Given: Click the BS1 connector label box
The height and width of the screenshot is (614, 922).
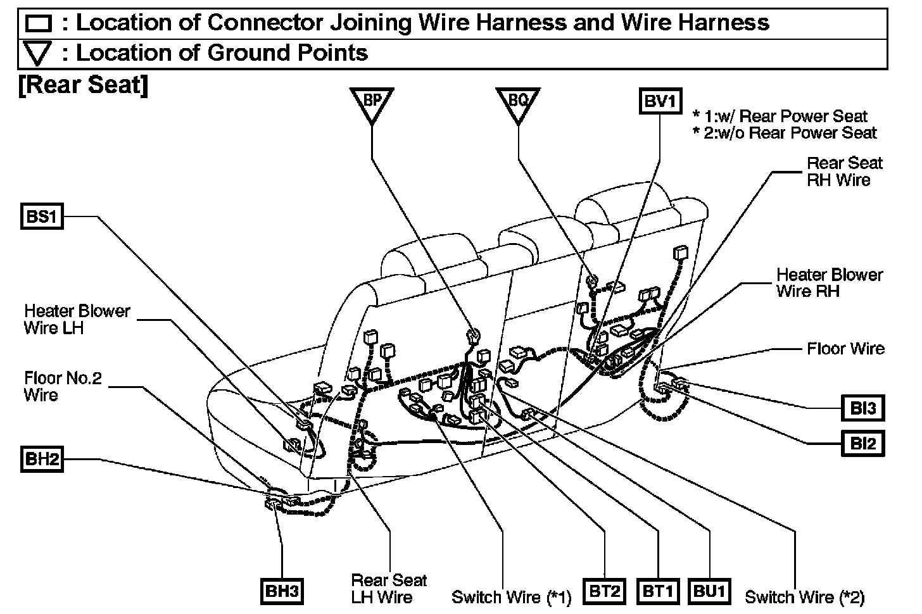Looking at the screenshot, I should (x=42, y=217).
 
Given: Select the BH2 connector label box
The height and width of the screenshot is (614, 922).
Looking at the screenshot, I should (x=42, y=458).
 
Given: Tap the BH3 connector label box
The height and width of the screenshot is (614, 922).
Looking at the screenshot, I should (x=282, y=591).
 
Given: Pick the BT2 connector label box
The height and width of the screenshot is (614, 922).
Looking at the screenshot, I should (x=604, y=591).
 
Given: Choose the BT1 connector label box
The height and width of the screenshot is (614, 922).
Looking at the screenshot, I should (x=658, y=591).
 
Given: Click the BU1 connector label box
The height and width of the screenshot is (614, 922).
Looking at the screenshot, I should (x=710, y=591).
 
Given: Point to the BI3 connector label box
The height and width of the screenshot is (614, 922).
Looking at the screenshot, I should (x=862, y=408).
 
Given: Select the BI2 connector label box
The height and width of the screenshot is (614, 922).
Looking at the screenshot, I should (x=862, y=443).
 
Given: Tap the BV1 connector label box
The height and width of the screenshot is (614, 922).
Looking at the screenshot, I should (x=660, y=101).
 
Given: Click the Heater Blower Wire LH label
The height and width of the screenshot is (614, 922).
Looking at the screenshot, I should (x=77, y=319).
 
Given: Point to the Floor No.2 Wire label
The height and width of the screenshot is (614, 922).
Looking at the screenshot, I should (x=63, y=387).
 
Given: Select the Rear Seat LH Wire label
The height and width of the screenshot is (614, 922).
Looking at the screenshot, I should (x=389, y=588).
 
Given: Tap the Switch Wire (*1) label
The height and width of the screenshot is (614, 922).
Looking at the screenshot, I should (x=511, y=597).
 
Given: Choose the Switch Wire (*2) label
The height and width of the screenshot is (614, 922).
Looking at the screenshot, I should (x=804, y=597).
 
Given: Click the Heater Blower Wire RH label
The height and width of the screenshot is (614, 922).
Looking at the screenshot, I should (x=829, y=282).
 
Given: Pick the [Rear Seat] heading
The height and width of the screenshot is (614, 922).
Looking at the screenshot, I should (x=83, y=85).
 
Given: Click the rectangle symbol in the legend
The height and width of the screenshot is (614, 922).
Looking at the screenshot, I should (x=38, y=24).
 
